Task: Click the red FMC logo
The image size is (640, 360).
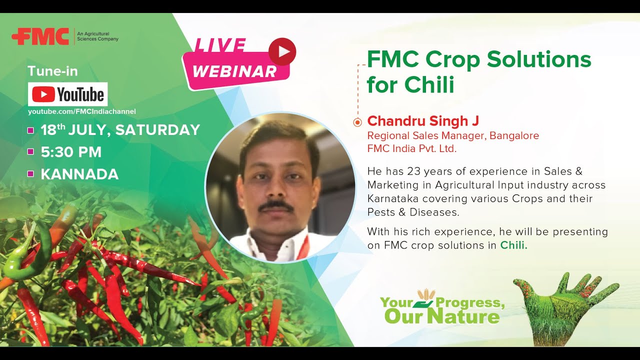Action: pos(40,36)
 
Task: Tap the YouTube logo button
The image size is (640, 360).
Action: pos(67,94)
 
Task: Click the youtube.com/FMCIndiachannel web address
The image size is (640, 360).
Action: pos(81,111)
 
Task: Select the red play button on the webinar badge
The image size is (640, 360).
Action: pos(282,51)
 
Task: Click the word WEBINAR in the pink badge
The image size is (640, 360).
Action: pos(234,71)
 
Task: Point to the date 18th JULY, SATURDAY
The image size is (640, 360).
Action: pos(120,130)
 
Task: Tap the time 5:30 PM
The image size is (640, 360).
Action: pos(71,152)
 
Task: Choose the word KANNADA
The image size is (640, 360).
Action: pos(79,174)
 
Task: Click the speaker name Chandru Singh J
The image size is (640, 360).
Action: pos(423,121)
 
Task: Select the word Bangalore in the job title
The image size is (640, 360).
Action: pos(514,135)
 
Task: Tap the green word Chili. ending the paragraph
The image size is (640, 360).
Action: pos(514,245)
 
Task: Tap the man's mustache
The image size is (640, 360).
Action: pos(276,205)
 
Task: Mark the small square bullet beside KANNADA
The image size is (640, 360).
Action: pos(30,174)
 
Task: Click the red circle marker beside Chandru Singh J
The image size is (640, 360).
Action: pos(357,122)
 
